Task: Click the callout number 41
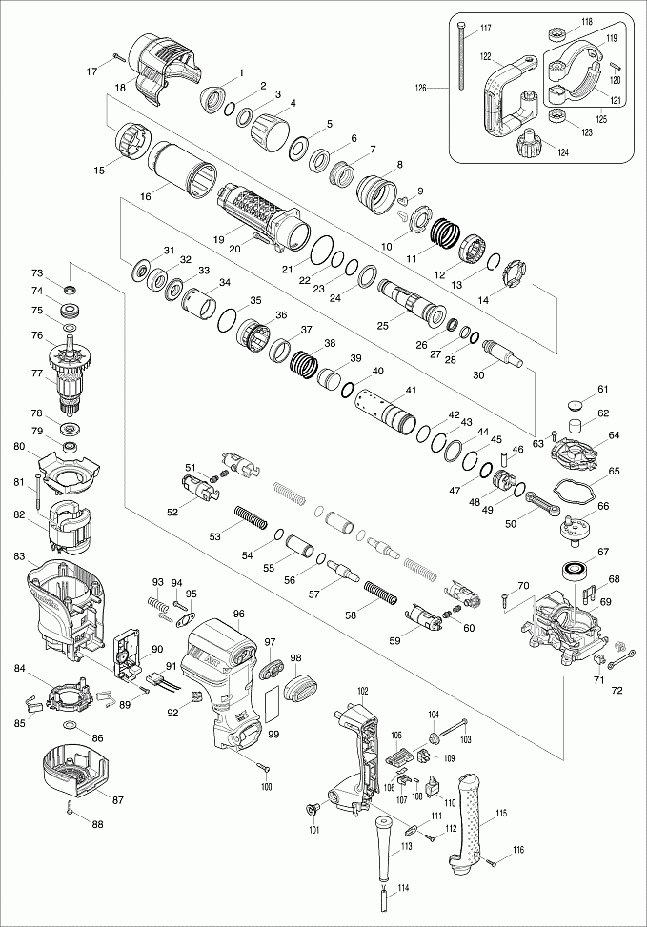411,390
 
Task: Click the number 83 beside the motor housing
20,555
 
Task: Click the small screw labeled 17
120,58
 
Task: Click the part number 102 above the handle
363,690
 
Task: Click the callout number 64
614,435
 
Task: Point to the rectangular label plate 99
272,705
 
